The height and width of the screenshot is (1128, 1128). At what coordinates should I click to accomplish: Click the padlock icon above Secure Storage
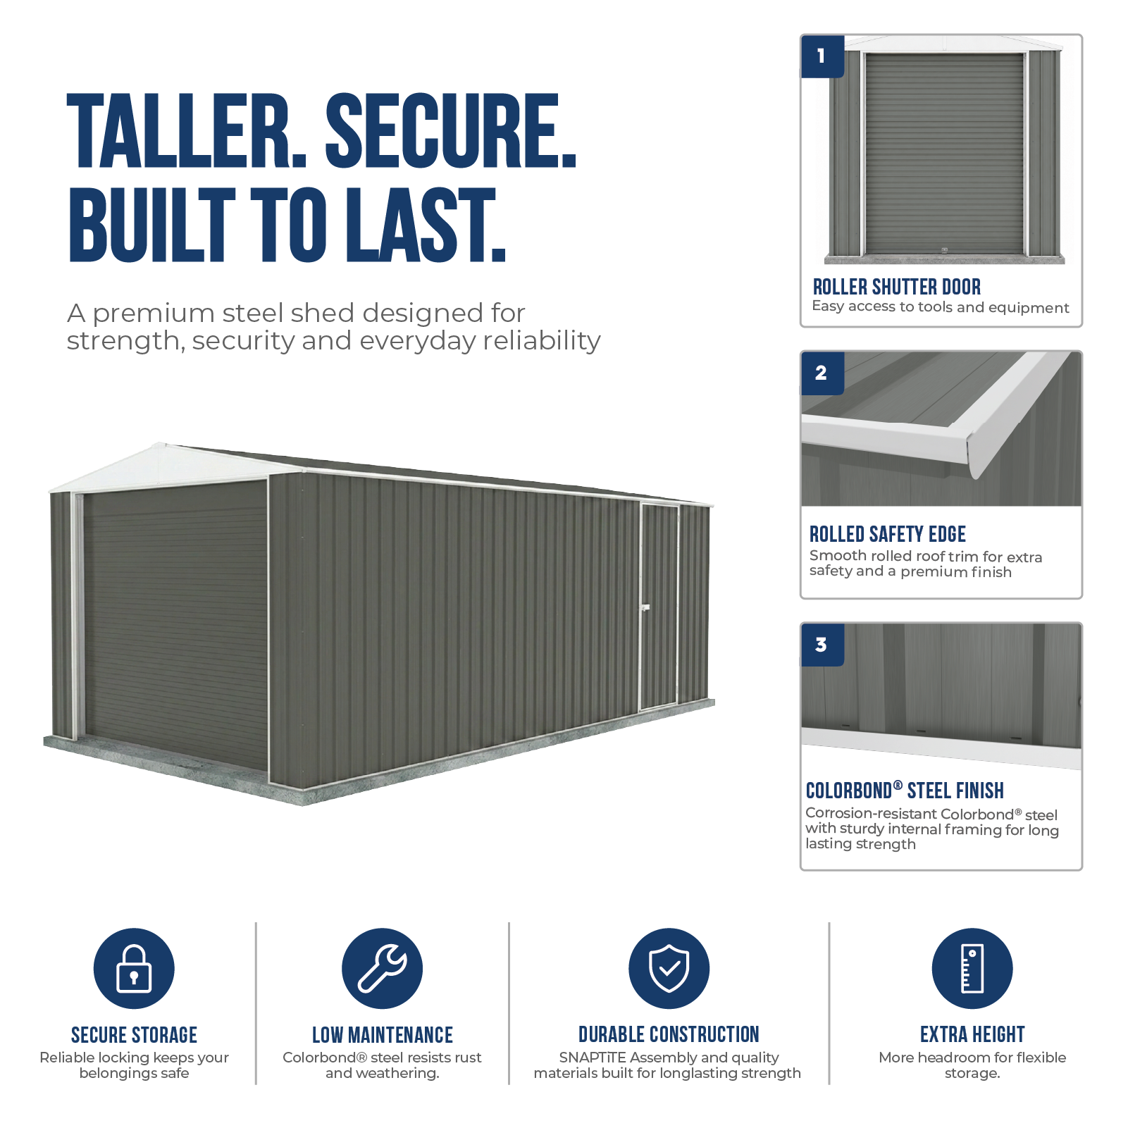point(134,968)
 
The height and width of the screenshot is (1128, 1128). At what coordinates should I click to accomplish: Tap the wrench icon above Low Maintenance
point(382,968)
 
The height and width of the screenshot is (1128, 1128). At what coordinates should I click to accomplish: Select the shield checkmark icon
point(669,968)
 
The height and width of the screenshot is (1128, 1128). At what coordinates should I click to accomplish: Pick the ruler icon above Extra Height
point(972,968)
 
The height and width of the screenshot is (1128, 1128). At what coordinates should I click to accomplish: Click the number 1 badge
point(822,56)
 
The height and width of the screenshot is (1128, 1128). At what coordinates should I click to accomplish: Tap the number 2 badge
point(822,373)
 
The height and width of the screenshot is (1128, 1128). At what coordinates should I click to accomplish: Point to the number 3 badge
point(822,645)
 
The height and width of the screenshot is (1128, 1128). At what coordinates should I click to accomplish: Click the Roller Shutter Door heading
point(896,287)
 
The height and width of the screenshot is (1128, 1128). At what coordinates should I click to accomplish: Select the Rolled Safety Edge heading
point(887,534)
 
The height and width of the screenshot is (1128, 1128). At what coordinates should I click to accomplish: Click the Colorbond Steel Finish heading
point(905,791)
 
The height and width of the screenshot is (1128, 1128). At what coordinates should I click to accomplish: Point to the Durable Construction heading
point(669,1034)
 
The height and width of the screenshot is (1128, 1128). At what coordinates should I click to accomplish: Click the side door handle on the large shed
point(644,607)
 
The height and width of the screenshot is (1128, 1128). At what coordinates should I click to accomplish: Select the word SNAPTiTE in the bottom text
point(593,1058)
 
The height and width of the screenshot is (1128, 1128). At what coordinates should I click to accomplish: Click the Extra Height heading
point(972,1034)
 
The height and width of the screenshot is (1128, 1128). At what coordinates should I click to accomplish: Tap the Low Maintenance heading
point(383,1035)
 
